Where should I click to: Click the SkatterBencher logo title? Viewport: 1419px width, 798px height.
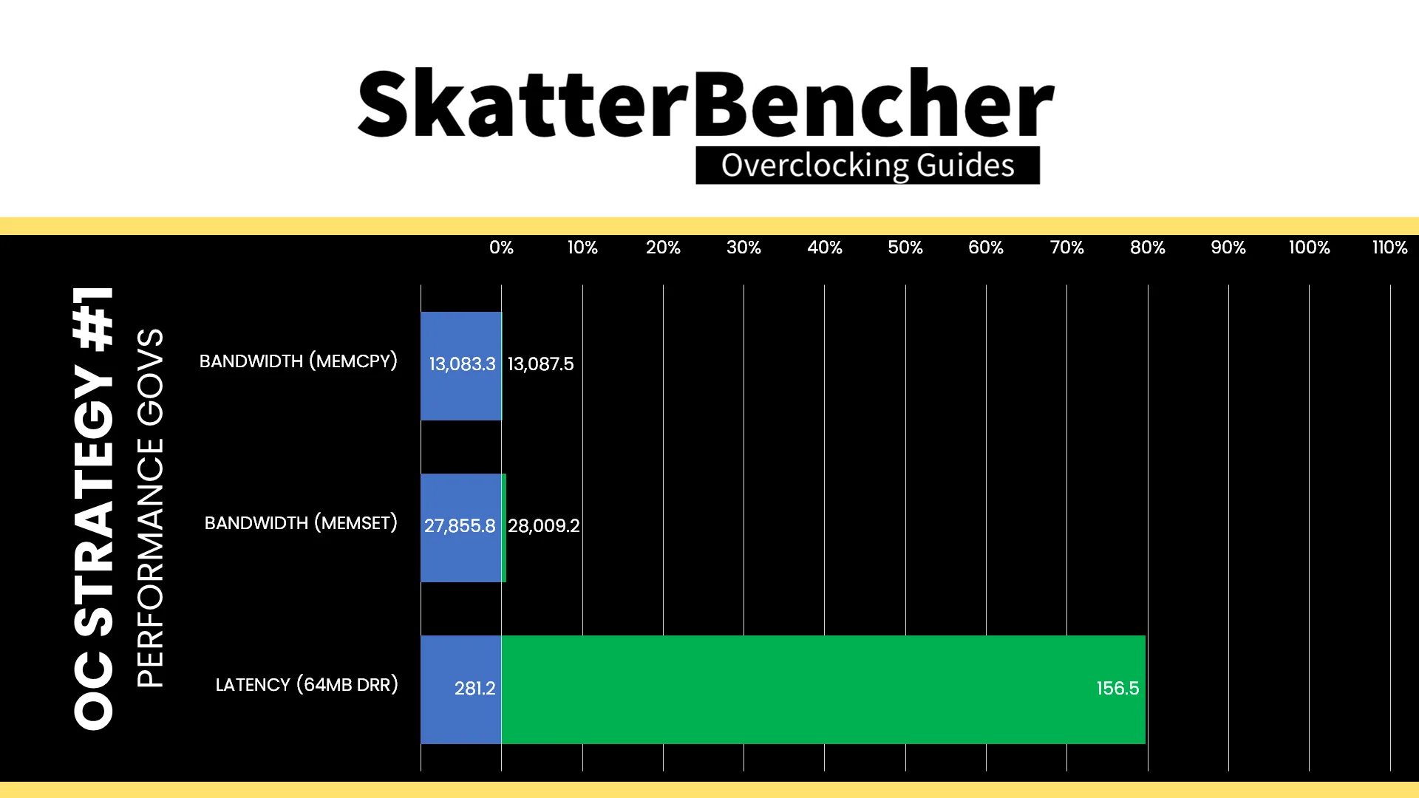click(x=706, y=103)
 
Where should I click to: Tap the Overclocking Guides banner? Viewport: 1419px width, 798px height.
click(x=868, y=165)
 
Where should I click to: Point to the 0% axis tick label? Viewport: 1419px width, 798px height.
click(x=501, y=248)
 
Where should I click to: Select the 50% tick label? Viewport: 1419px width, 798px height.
click(x=905, y=248)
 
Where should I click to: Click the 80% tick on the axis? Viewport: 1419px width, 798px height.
click(x=1148, y=248)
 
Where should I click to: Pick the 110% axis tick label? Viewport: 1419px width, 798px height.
click(x=1390, y=248)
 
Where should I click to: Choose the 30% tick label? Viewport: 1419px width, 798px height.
click(x=743, y=248)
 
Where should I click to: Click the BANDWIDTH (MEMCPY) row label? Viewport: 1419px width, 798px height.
click(x=299, y=361)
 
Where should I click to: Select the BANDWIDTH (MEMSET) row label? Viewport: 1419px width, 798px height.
click(x=301, y=523)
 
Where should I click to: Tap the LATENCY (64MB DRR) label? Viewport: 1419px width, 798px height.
click(x=307, y=685)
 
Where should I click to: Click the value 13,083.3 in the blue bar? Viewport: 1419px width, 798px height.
click(x=463, y=364)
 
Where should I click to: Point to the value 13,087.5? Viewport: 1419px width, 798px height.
click(x=541, y=364)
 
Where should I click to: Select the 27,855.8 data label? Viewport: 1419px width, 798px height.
click(x=460, y=526)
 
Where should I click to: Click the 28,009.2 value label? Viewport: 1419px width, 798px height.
click(x=544, y=526)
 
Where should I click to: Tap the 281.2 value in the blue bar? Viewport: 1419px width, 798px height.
click(x=475, y=689)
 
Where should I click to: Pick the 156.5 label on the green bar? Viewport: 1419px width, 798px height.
click(x=1117, y=689)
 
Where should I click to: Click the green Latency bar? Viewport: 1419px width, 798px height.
click(x=823, y=689)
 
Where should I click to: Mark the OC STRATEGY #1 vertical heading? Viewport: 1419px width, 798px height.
click(x=94, y=508)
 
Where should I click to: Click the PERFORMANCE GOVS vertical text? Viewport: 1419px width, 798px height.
click(x=150, y=508)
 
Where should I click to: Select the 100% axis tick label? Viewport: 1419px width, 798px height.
click(x=1310, y=248)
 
